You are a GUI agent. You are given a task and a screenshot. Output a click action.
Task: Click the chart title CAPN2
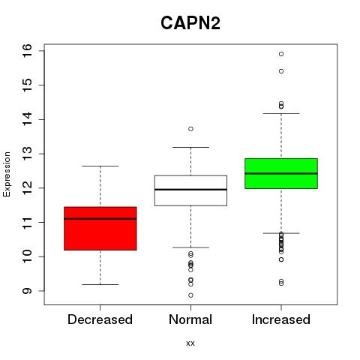[x=190, y=23]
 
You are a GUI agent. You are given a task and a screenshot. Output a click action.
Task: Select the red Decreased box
[x=100, y=229]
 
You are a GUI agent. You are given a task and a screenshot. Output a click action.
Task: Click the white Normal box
[x=190, y=190]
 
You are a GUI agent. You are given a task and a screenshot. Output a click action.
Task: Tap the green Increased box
[x=281, y=173]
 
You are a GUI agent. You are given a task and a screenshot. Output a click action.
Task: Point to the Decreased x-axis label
[x=100, y=319]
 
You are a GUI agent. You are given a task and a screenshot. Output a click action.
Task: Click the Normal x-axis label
[x=190, y=319]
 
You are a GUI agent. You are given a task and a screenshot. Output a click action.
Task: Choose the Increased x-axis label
[x=281, y=319]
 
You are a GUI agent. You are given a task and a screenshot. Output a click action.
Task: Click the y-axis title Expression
[x=7, y=174]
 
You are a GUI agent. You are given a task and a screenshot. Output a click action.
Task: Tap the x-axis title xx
[x=190, y=343]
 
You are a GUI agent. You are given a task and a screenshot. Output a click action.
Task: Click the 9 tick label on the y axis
[x=27, y=291]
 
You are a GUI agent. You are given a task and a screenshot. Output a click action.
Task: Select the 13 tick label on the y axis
[x=27, y=154]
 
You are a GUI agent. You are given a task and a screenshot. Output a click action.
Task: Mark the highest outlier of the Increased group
[x=281, y=54]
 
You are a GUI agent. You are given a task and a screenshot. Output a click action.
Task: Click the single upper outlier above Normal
[x=190, y=129]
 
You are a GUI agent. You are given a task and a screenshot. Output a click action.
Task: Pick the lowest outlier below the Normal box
[x=190, y=295]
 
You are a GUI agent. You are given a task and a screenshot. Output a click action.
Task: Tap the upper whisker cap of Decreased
[x=100, y=166]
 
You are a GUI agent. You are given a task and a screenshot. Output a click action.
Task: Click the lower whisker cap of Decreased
[x=100, y=284]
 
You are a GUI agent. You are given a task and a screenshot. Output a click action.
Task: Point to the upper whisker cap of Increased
[x=281, y=113]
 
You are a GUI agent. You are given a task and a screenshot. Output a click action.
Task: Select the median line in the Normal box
[x=190, y=190]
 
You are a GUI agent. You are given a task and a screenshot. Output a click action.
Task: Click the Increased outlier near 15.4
[x=281, y=71]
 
